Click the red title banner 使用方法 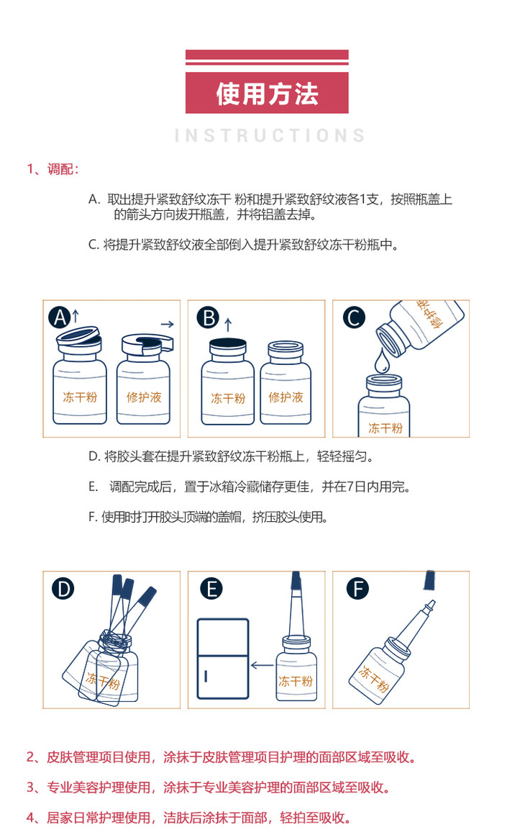267,93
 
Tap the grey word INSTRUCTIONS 270,135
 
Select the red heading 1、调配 52,169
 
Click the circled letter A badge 60,317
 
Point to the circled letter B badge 208,317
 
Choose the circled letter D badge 63,589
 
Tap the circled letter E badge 211,589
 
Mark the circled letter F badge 357,589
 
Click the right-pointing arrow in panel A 167,324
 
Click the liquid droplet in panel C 382,361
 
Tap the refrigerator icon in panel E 223,658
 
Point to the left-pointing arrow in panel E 262,665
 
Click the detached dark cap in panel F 430,580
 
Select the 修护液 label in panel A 144,397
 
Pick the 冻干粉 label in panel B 228,398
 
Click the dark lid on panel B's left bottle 228,343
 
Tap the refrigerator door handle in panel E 206,677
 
